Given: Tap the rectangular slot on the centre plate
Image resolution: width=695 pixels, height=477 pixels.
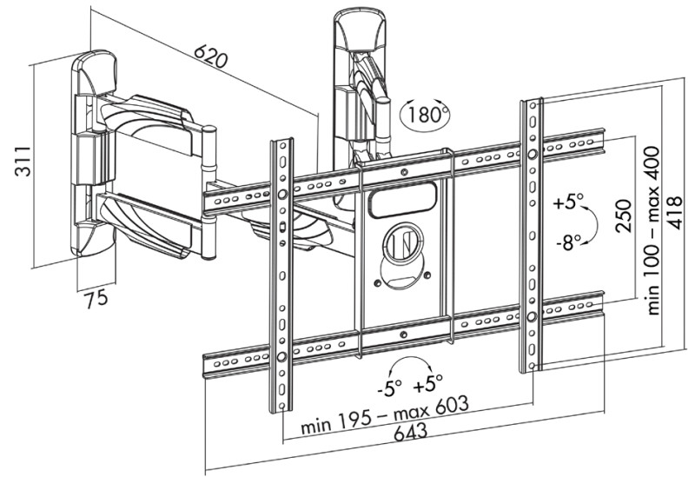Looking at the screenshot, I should pyautogui.click(x=402, y=202).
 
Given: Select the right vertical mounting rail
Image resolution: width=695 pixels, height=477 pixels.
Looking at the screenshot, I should pyautogui.click(x=531, y=235).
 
